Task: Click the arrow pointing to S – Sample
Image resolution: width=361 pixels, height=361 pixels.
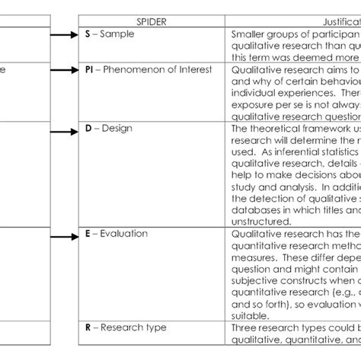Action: point(64,34)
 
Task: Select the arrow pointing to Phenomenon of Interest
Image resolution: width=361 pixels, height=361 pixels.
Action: point(64,69)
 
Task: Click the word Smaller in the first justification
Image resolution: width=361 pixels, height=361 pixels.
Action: point(250,35)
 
